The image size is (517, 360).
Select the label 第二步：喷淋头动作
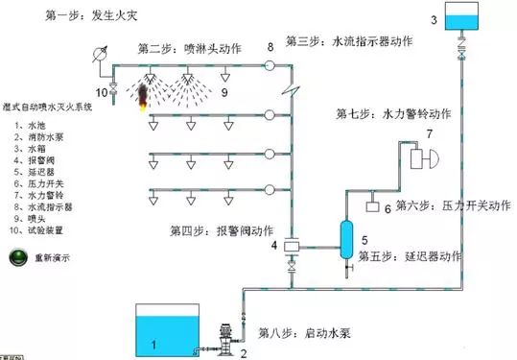(x=189, y=48)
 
